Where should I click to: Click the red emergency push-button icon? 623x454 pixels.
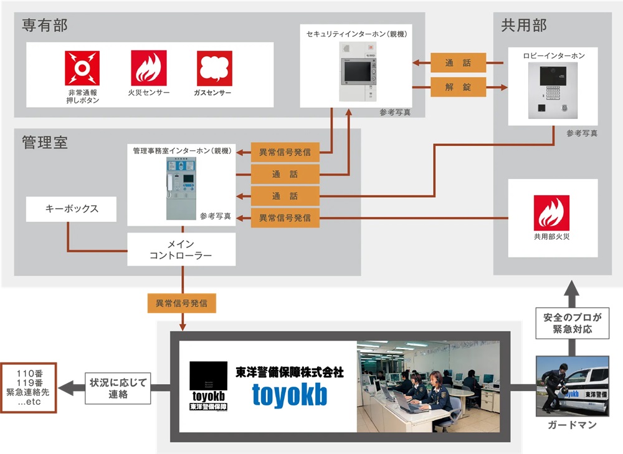point(82,68)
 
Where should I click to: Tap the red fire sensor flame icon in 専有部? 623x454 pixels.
point(148,68)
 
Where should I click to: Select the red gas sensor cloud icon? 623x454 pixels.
point(214,68)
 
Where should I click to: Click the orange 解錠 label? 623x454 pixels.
point(458,86)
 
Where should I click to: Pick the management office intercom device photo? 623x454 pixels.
point(181,187)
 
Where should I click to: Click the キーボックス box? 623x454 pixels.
point(72,209)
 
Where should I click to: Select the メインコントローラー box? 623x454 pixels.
point(181,249)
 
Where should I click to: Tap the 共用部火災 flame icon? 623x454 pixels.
point(551,212)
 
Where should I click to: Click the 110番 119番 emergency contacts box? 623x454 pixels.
point(29,387)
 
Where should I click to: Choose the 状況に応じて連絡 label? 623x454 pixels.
point(118,388)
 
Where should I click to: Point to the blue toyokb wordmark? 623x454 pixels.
point(289,394)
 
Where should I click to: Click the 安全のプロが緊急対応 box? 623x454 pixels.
point(571,322)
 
